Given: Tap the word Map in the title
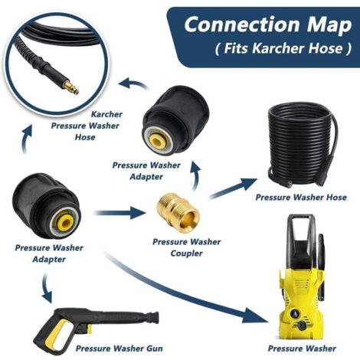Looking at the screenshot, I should click(x=324, y=25).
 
